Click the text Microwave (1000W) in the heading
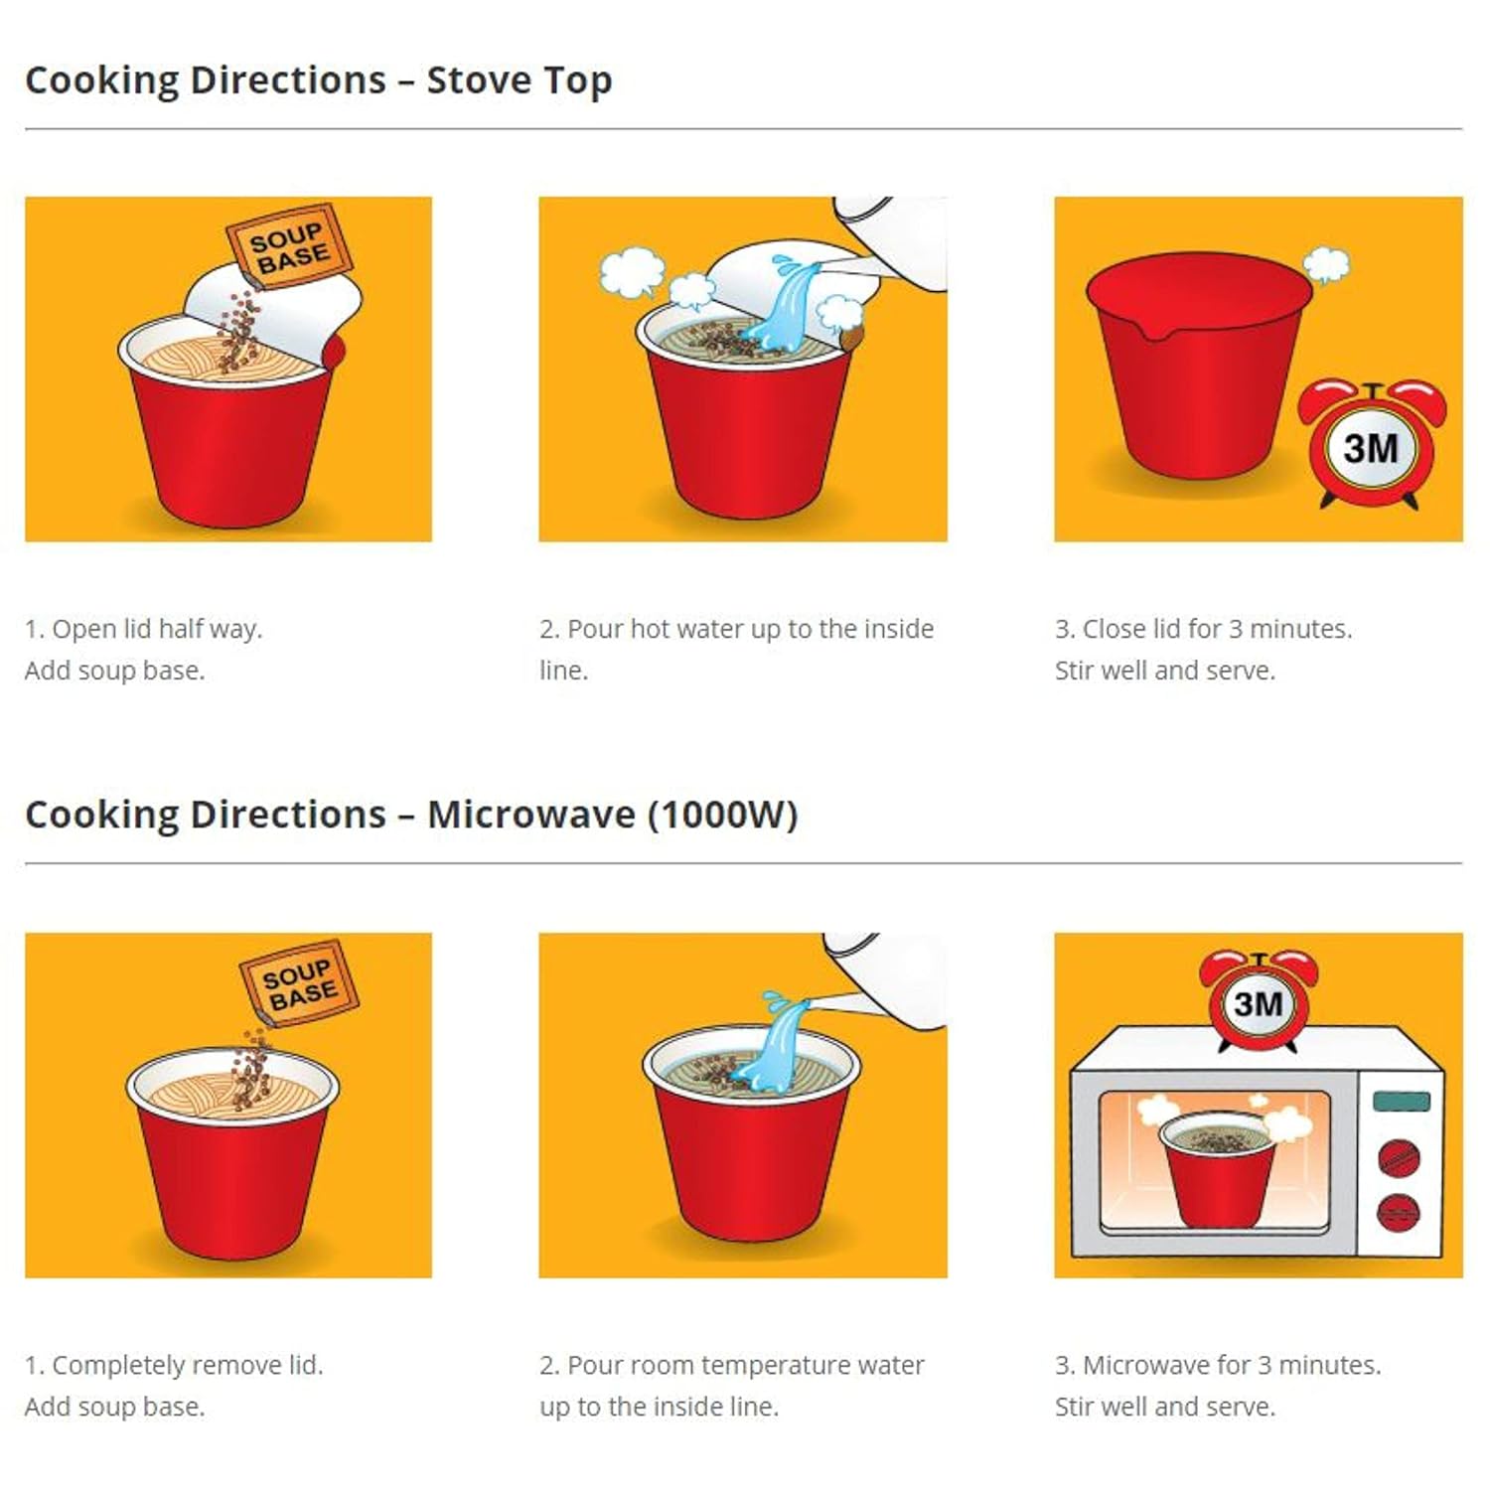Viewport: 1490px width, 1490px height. [613, 816]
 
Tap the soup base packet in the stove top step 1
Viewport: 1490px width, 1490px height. [288, 246]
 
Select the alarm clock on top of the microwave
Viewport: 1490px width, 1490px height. [1259, 1000]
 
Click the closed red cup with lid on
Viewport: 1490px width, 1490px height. [1199, 366]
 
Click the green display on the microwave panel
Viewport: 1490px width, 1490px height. [1402, 1101]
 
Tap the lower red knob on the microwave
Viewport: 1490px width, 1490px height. [1399, 1212]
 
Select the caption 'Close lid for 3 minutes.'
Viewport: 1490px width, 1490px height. [1203, 630]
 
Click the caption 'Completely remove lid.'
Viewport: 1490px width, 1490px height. [174, 1366]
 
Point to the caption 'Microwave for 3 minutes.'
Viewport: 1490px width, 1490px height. [1218, 1366]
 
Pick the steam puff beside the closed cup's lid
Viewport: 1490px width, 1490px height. [1327, 264]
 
